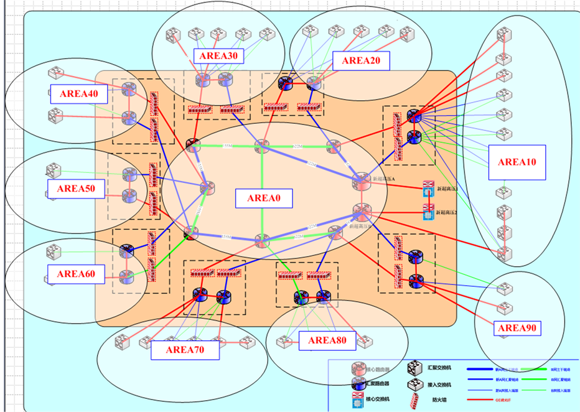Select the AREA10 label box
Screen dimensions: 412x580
(517, 162)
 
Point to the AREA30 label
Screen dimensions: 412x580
(218, 56)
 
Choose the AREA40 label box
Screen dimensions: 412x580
(79, 94)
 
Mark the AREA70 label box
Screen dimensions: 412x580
(185, 349)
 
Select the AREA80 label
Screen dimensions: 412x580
(327, 340)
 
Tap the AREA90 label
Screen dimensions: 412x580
(517, 327)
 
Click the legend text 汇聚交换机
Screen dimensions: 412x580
(440, 368)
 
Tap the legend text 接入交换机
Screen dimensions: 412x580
(440, 383)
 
